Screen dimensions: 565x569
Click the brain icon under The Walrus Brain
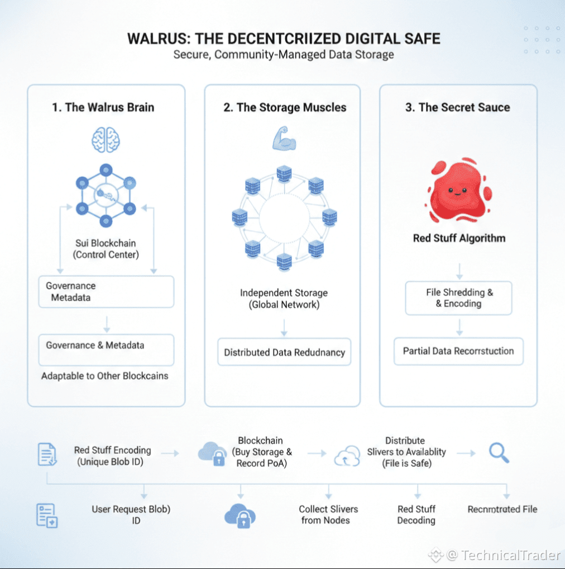point(106,140)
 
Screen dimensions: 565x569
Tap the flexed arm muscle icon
point(284,138)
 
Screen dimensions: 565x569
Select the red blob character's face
point(457,191)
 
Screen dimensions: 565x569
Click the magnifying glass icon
point(499,453)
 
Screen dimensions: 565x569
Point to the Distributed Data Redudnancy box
point(284,352)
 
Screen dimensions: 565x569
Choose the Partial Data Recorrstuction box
point(458,351)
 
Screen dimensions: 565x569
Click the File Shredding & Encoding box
point(458,298)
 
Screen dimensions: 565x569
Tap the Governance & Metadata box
point(107,350)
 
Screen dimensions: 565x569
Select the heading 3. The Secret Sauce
point(457,108)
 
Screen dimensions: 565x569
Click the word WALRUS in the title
point(157,39)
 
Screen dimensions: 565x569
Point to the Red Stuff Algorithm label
point(459,238)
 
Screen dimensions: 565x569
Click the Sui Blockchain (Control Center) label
point(106,249)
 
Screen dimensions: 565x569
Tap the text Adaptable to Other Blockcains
point(104,376)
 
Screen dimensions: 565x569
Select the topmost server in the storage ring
point(284,174)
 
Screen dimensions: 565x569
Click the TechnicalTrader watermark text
point(510,555)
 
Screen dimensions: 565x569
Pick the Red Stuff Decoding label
point(416,514)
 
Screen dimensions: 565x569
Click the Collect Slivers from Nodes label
point(328,514)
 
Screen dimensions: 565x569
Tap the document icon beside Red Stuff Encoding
point(47,454)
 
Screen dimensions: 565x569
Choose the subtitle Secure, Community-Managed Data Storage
point(284,55)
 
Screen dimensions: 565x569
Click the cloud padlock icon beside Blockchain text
point(213,454)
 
